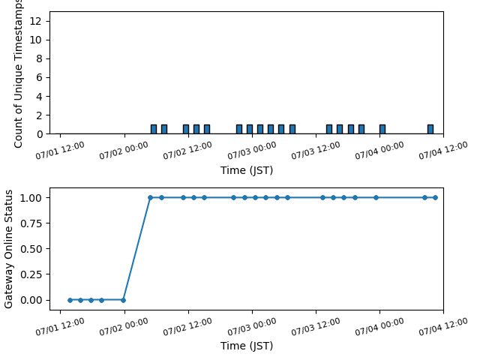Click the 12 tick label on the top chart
(x=35, y=21)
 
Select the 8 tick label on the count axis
(x=39, y=58)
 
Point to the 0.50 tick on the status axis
(x=31, y=249)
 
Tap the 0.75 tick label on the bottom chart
(x=31, y=223)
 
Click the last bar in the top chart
(x=430, y=129)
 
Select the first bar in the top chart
(x=154, y=129)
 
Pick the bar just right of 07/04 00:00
(x=382, y=129)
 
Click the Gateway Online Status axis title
(x=8, y=249)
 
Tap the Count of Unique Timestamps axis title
(x=18, y=74)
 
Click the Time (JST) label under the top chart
(x=247, y=170)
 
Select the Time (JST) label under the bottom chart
(x=247, y=346)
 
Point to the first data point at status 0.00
(x=70, y=300)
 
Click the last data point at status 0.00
(x=123, y=300)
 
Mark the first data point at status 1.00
(x=150, y=198)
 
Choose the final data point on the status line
(x=435, y=198)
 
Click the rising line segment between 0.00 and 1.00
(x=136, y=249)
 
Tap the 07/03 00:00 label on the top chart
(x=252, y=151)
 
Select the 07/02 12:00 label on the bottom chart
(x=187, y=327)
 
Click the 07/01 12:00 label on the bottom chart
(x=60, y=327)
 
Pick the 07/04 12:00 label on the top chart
(x=443, y=151)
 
